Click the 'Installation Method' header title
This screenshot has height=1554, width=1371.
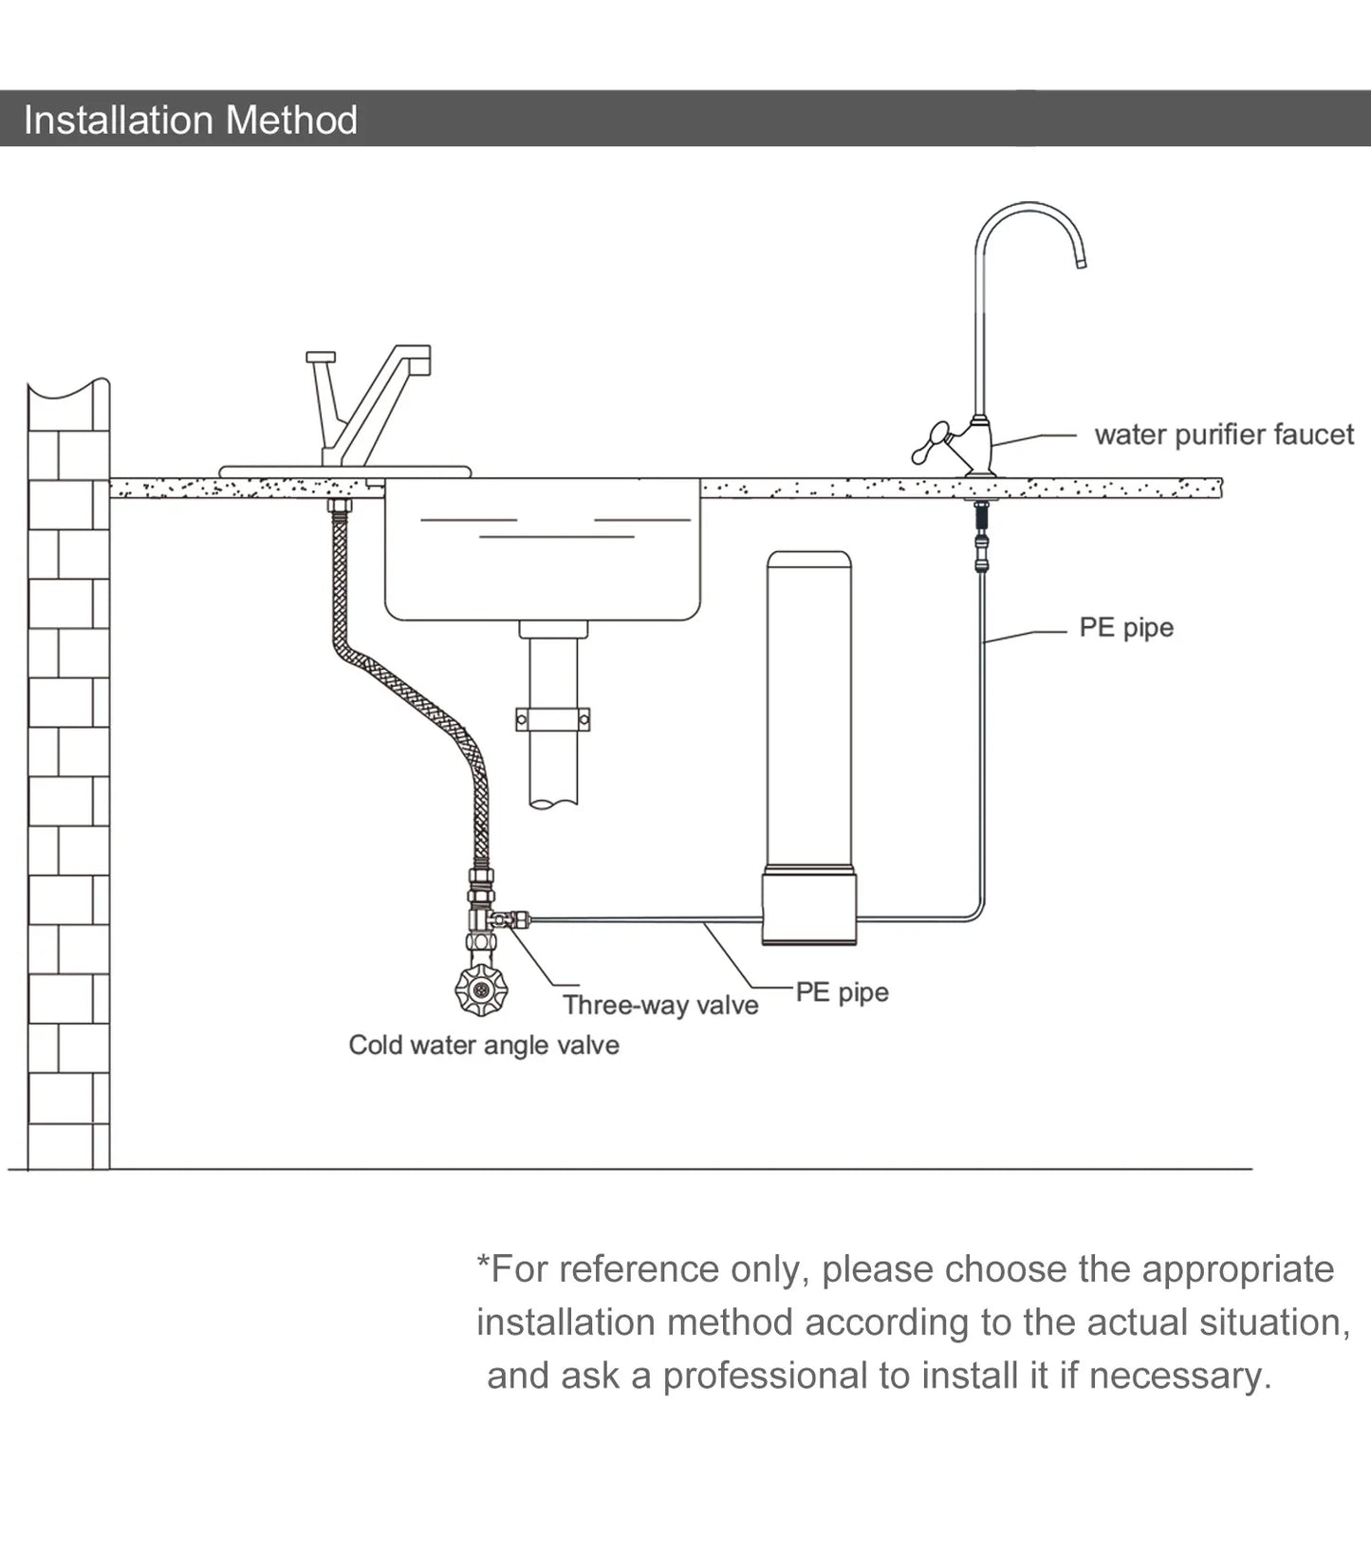tap(190, 120)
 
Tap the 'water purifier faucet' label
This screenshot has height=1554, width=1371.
tap(1224, 435)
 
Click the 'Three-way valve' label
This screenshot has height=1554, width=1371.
tap(660, 1005)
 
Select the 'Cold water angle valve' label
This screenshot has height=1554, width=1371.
tap(484, 1045)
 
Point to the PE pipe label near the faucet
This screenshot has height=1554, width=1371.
tap(1126, 627)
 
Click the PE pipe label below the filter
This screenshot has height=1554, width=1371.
tap(842, 991)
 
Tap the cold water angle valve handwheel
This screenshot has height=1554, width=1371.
tap(481, 990)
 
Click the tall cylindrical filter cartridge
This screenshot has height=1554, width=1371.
tap(808, 702)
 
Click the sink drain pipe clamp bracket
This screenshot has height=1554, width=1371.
tap(553, 720)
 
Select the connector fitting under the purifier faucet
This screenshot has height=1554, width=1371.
tap(982, 541)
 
